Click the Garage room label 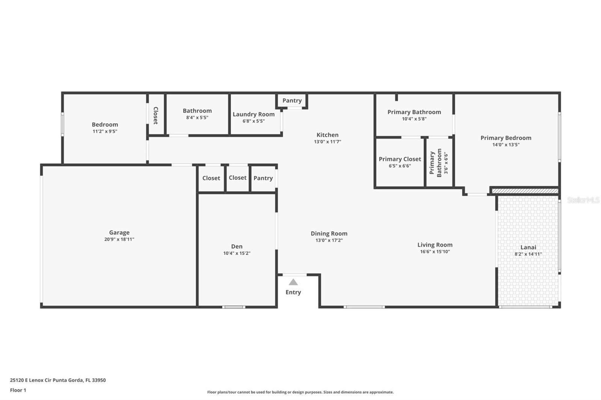pos(119,233)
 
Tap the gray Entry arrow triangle pos(293,282)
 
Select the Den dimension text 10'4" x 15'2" pos(237,253)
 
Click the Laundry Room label pos(254,114)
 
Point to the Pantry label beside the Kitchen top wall pos(292,101)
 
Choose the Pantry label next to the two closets pos(263,178)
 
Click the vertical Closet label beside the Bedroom pos(156,116)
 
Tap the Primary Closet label pos(400,159)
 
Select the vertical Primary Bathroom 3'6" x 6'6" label pos(439,162)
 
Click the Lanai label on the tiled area pos(528,247)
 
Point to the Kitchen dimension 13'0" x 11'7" pos(328,142)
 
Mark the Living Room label pos(435,245)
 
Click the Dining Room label pos(329,233)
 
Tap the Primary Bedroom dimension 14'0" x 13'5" pos(506,145)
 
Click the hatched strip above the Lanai pos(525,191)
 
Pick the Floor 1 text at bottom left pos(18,390)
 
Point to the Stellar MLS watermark pos(583,200)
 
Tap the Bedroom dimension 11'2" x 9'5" pos(105,131)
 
